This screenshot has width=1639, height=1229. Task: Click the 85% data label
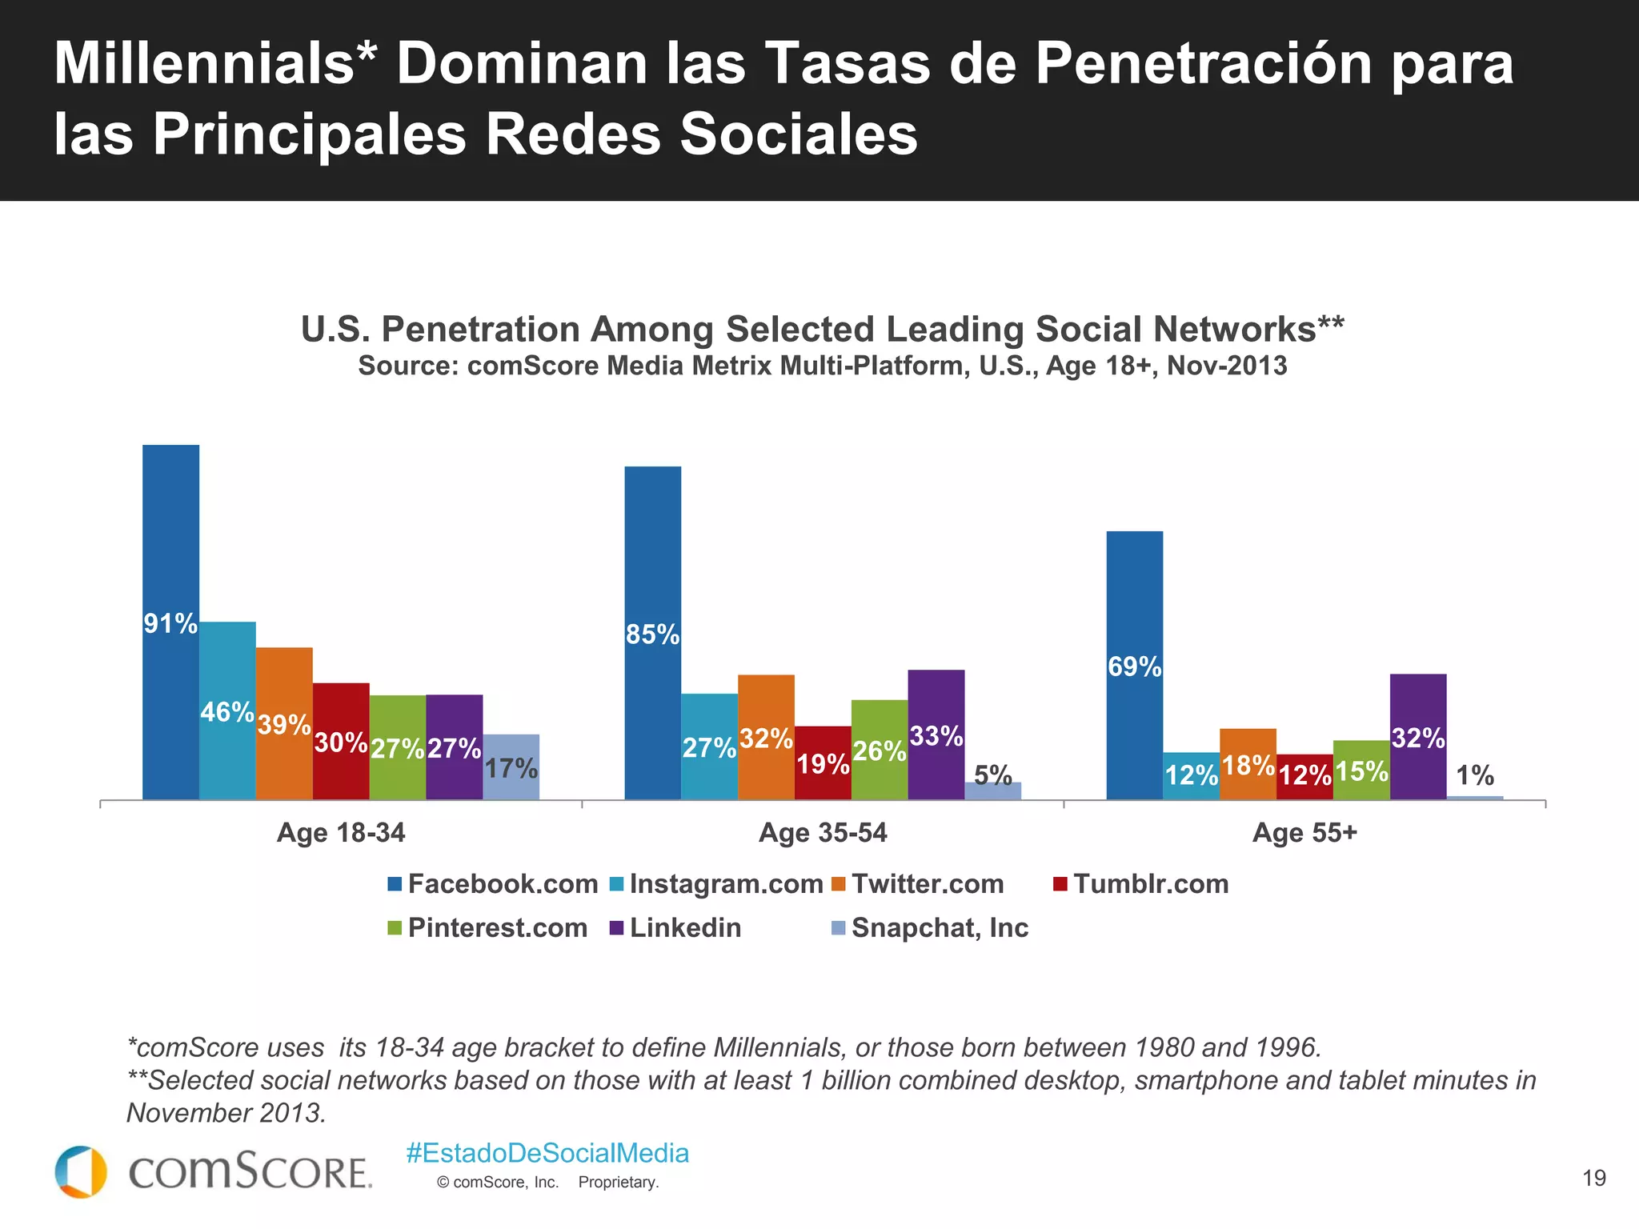[652, 635]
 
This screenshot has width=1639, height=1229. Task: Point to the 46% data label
[227, 711]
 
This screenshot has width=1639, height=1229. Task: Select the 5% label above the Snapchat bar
[992, 774]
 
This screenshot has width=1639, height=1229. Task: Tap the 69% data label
[1134, 666]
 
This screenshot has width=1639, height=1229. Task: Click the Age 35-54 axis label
[823, 833]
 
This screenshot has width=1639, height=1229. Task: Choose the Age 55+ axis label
[1304, 833]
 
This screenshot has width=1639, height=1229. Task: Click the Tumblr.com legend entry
[1150, 884]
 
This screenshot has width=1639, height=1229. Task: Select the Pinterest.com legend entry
[497, 928]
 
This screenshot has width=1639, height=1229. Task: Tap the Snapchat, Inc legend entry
[940, 928]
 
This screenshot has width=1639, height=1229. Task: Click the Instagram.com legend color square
[616, 884]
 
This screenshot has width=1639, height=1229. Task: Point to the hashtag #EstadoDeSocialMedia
[547, 1153]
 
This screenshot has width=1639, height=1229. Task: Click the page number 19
[1593, 1178]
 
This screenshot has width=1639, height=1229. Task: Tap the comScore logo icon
[81, 1172]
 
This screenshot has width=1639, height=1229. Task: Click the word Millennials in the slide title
[204, 64]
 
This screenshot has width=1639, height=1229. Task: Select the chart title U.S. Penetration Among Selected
[822, 329]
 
